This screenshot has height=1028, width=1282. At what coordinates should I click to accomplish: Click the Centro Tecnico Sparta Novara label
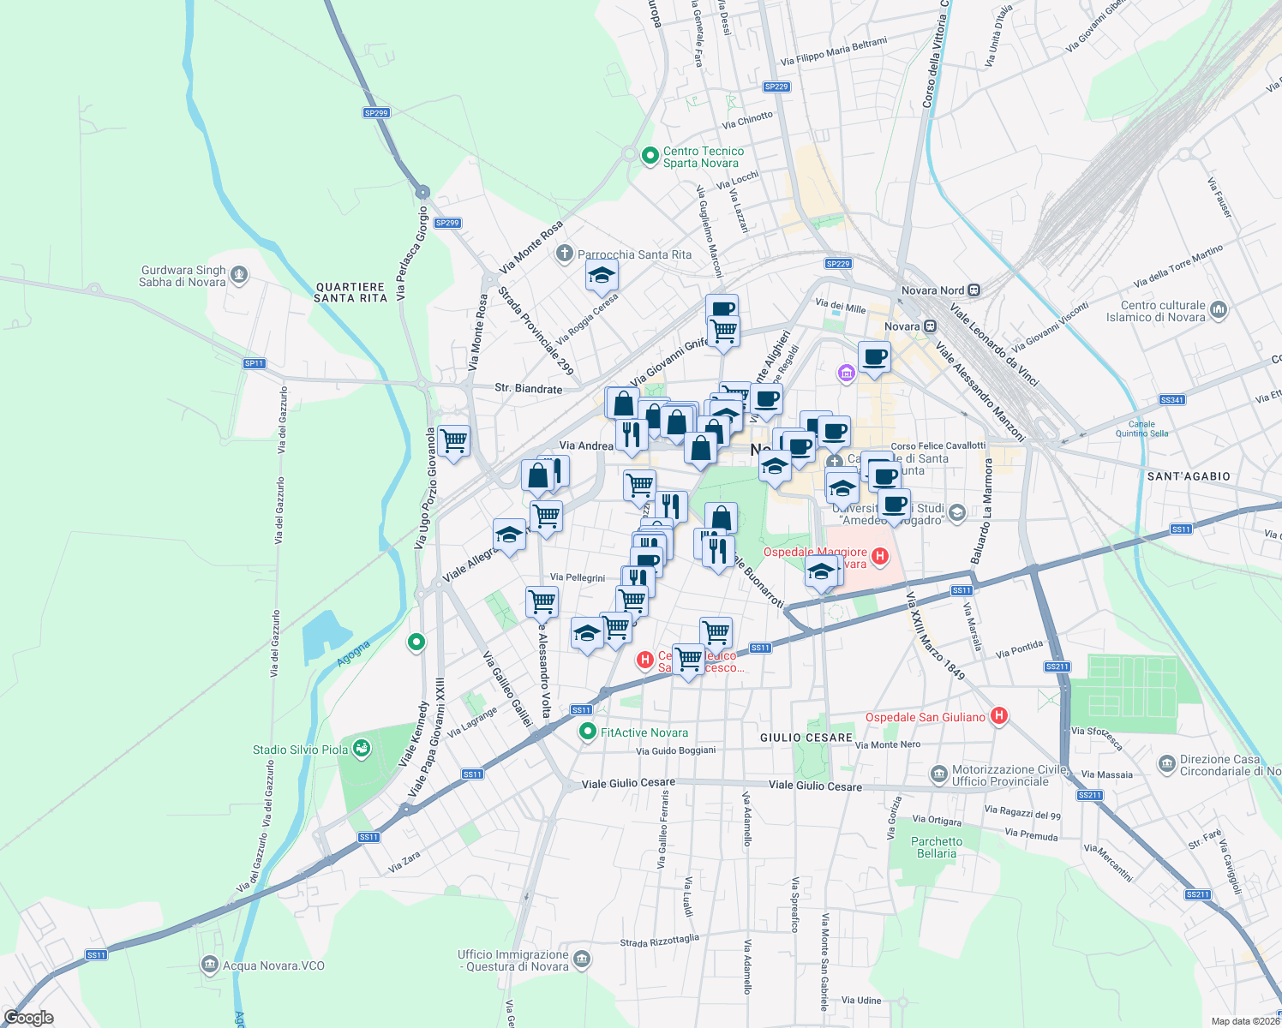click(x=703, y=157)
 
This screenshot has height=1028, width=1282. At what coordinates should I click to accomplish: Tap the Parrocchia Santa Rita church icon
click(x=564, y=254)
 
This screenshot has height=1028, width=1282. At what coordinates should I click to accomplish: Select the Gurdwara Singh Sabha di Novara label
click(x=183, y=276)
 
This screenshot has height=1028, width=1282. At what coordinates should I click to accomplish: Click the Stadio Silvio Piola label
click(x=300, y=750)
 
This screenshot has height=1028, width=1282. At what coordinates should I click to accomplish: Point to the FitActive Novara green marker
click(x=587, y=732)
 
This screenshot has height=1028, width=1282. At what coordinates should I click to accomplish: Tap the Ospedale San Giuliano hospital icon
click(x=998, y=716)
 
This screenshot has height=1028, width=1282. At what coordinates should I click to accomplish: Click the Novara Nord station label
click(x=932, y=290)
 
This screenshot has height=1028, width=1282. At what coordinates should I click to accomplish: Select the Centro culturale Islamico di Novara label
click(x=1162, y=311)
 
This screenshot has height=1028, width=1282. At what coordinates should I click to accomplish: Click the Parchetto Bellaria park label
click(x=936, y=847)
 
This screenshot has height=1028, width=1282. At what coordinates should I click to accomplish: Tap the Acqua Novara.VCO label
click(x=273, y=965)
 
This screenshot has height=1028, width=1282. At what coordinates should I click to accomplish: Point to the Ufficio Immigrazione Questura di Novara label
click(x=512, y=960)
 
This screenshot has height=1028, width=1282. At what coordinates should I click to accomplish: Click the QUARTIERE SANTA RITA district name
click(x=350, y=292)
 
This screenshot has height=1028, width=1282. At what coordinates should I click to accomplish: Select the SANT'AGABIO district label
click(x=1188, y=476)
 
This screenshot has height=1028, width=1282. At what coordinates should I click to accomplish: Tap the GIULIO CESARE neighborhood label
click(x=806, y=738)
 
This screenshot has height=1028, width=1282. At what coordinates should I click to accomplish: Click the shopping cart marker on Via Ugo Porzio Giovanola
click(x=453, y=441)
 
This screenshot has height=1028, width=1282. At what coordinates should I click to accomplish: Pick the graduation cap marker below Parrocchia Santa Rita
click(x=602, y=276)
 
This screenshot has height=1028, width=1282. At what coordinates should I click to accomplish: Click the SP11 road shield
click(x=254, y=363)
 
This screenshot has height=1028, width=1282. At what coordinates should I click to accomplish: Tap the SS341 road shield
click(x=1171, y=400)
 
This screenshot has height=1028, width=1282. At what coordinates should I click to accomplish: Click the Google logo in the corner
click(x=28, y=1018)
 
